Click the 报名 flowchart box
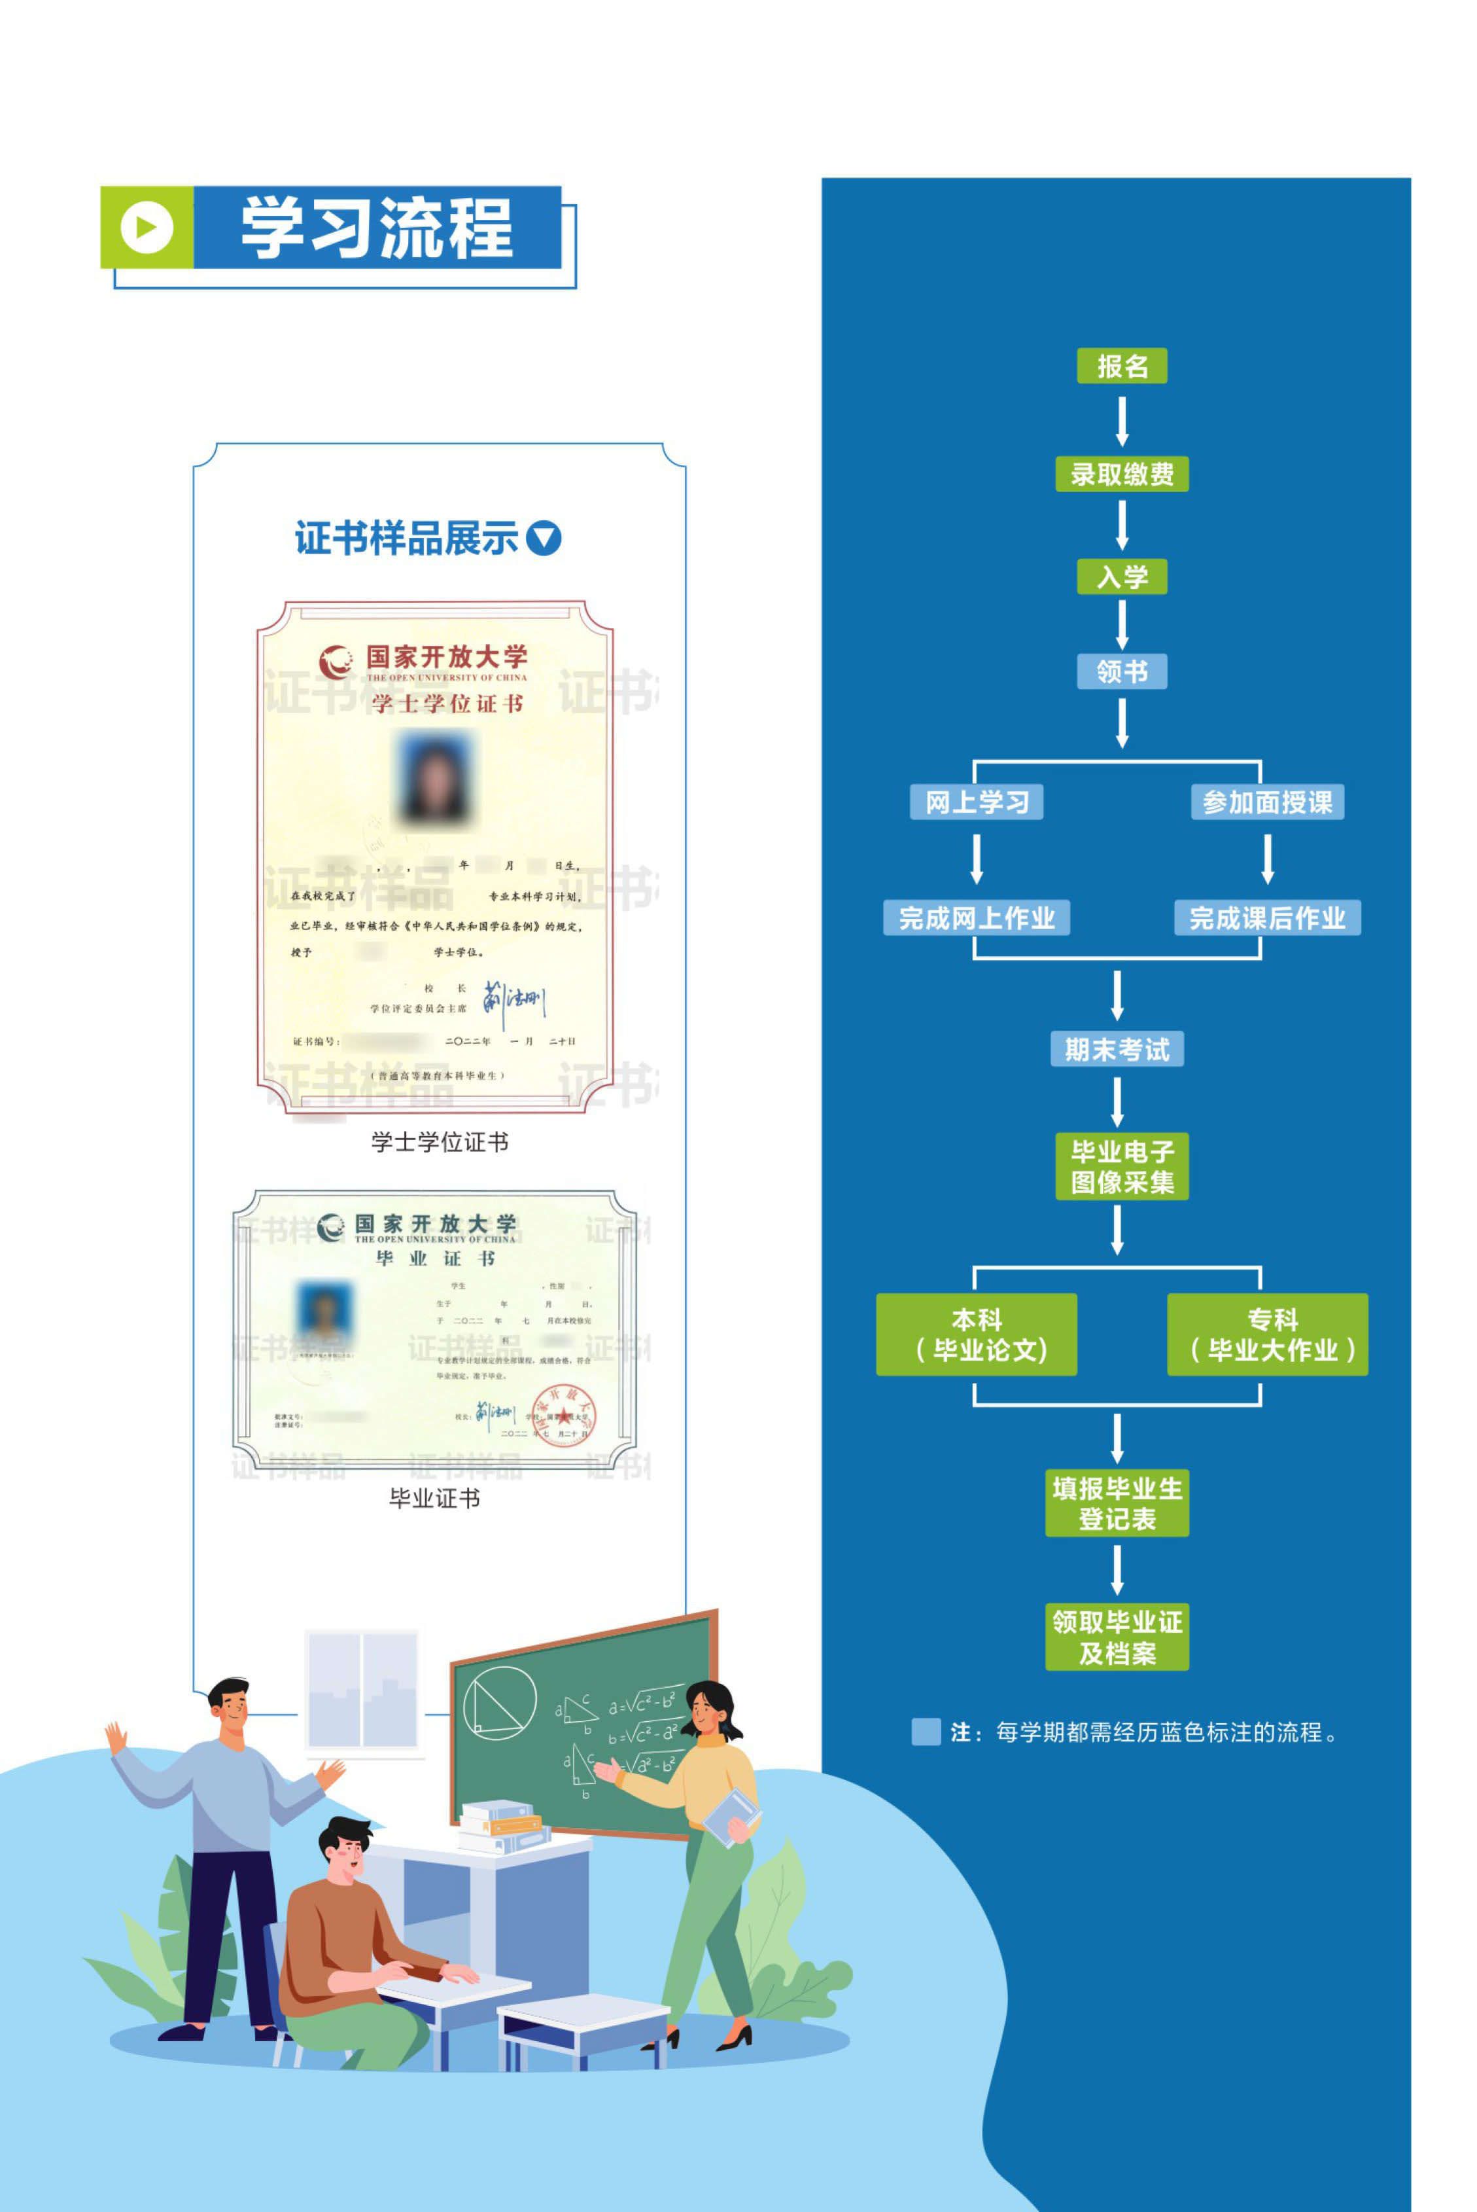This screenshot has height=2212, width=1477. [1121, 366]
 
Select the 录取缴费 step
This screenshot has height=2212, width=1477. [1121, 474]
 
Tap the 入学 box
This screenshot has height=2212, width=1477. [1121, 576]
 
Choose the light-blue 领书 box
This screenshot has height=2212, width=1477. [1121, 671]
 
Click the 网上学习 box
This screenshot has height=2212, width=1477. [976, 802]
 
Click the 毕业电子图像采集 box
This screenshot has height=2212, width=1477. [1121, 1166]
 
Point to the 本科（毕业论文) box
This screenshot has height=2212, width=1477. [976, 1334]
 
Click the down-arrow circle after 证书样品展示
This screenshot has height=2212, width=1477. [544, 538]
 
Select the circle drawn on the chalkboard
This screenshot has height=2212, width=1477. [499, 1702]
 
